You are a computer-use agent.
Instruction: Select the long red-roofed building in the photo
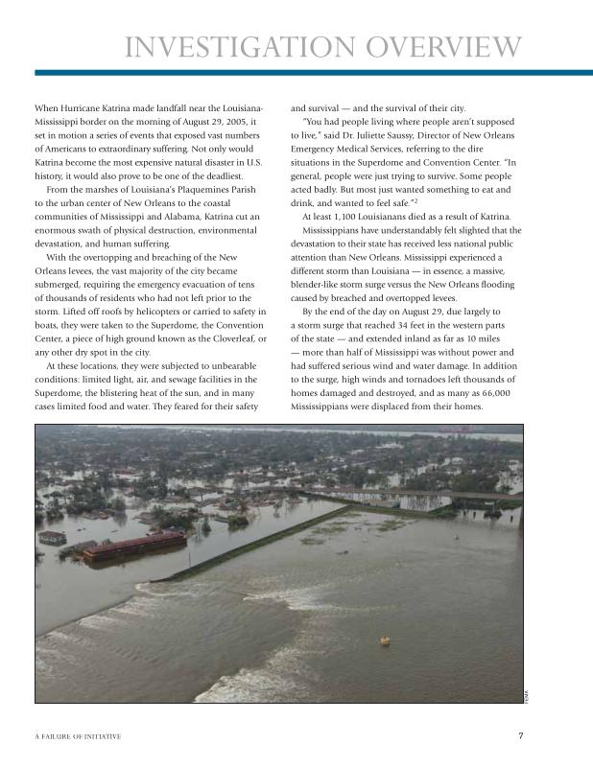tap(134, 546)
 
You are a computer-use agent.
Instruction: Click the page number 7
tap(519, 736)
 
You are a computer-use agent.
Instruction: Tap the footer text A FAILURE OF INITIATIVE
tap(78, 736)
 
